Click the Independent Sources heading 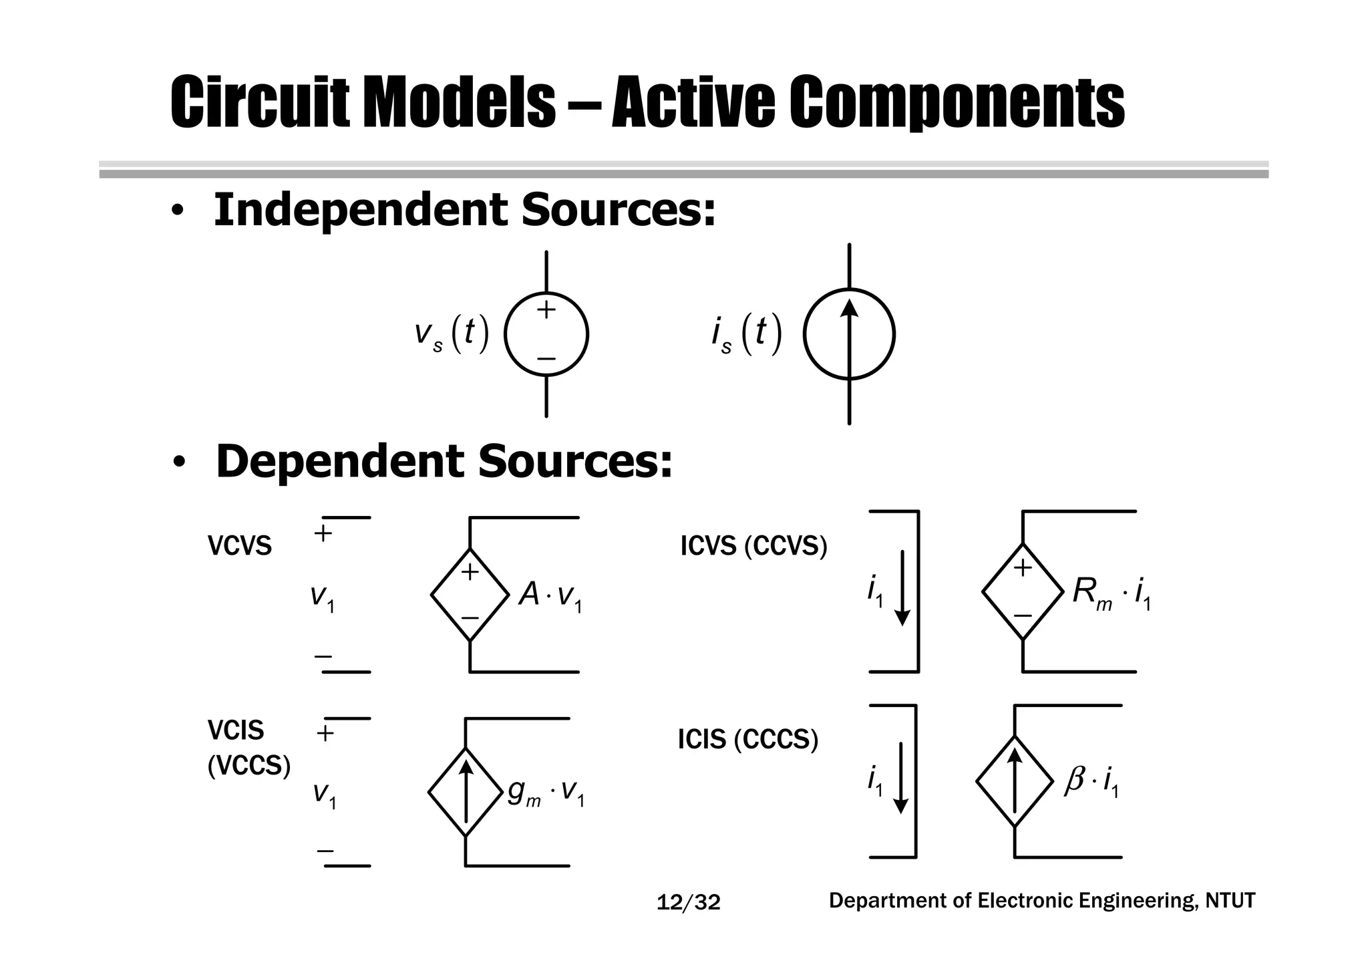pos(464,210)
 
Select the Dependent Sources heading pos(444,462)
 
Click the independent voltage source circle pos(546,335)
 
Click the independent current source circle pos(849,334)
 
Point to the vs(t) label pos(452,333)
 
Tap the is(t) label pos(746,333)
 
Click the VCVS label pos(240,547)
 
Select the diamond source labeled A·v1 pos(470,594)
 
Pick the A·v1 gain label pos(550,595)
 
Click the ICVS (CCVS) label pos(753,547)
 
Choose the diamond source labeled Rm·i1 pos(1023,591)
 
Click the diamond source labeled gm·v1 pos(466,792)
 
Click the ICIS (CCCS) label pos(747,740)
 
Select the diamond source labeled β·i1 pos(1015,781)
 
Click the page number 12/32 pos(689,903)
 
